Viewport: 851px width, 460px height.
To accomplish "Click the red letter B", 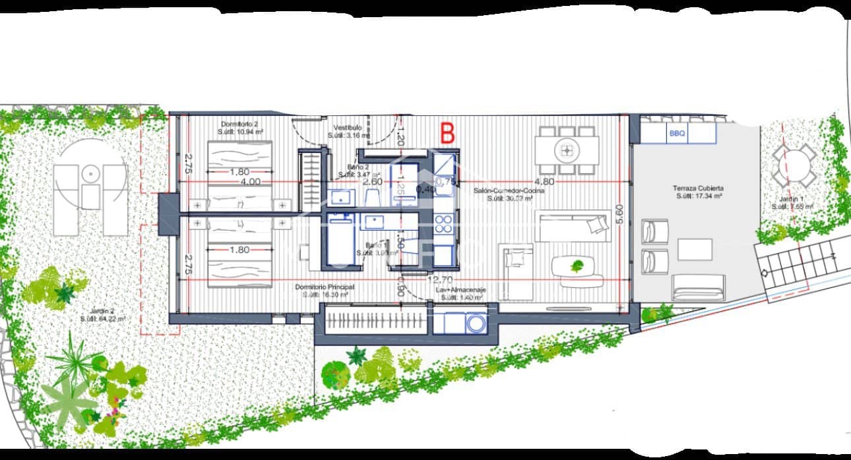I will click(447, 132).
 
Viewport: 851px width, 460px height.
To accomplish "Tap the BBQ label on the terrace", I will click(677, 134).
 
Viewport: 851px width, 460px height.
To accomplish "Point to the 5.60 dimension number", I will click(619, 216).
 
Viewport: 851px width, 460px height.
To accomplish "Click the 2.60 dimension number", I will click(373, 181).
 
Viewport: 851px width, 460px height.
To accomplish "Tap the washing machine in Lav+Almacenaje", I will click(475, 324).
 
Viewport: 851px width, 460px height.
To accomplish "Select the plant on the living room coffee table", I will click(578, 266).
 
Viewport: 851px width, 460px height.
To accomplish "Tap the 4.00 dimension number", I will click(251, 181).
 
